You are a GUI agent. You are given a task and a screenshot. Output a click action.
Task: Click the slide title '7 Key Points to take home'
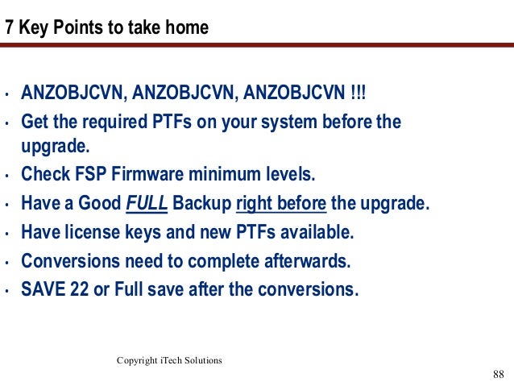pos(107,28)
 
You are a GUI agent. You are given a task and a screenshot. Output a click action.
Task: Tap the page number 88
pos(497,374)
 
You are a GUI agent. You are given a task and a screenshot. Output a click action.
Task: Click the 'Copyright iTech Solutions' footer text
pos(169,360)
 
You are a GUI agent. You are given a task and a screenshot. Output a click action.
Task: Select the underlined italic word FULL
pos(147,203)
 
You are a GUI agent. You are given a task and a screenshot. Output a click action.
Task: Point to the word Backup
pos(201,203)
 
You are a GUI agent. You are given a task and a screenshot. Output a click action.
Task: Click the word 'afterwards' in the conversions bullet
pos(311,261)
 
